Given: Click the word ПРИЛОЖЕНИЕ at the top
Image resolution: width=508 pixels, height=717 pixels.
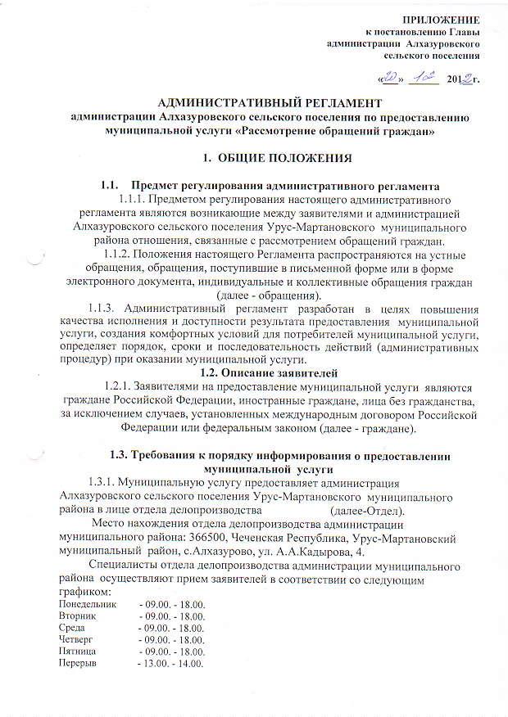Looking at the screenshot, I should (x=447, y=18).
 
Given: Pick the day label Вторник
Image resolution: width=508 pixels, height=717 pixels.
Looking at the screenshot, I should (x=77, y=615).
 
